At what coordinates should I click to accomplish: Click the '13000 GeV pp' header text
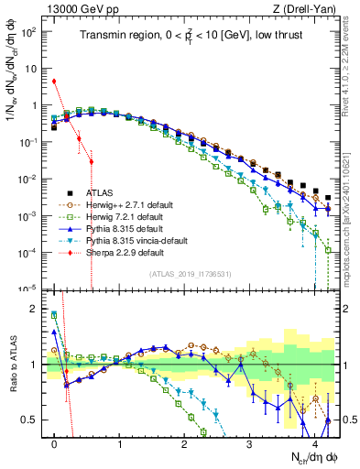81,8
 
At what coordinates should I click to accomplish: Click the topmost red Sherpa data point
55,81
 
